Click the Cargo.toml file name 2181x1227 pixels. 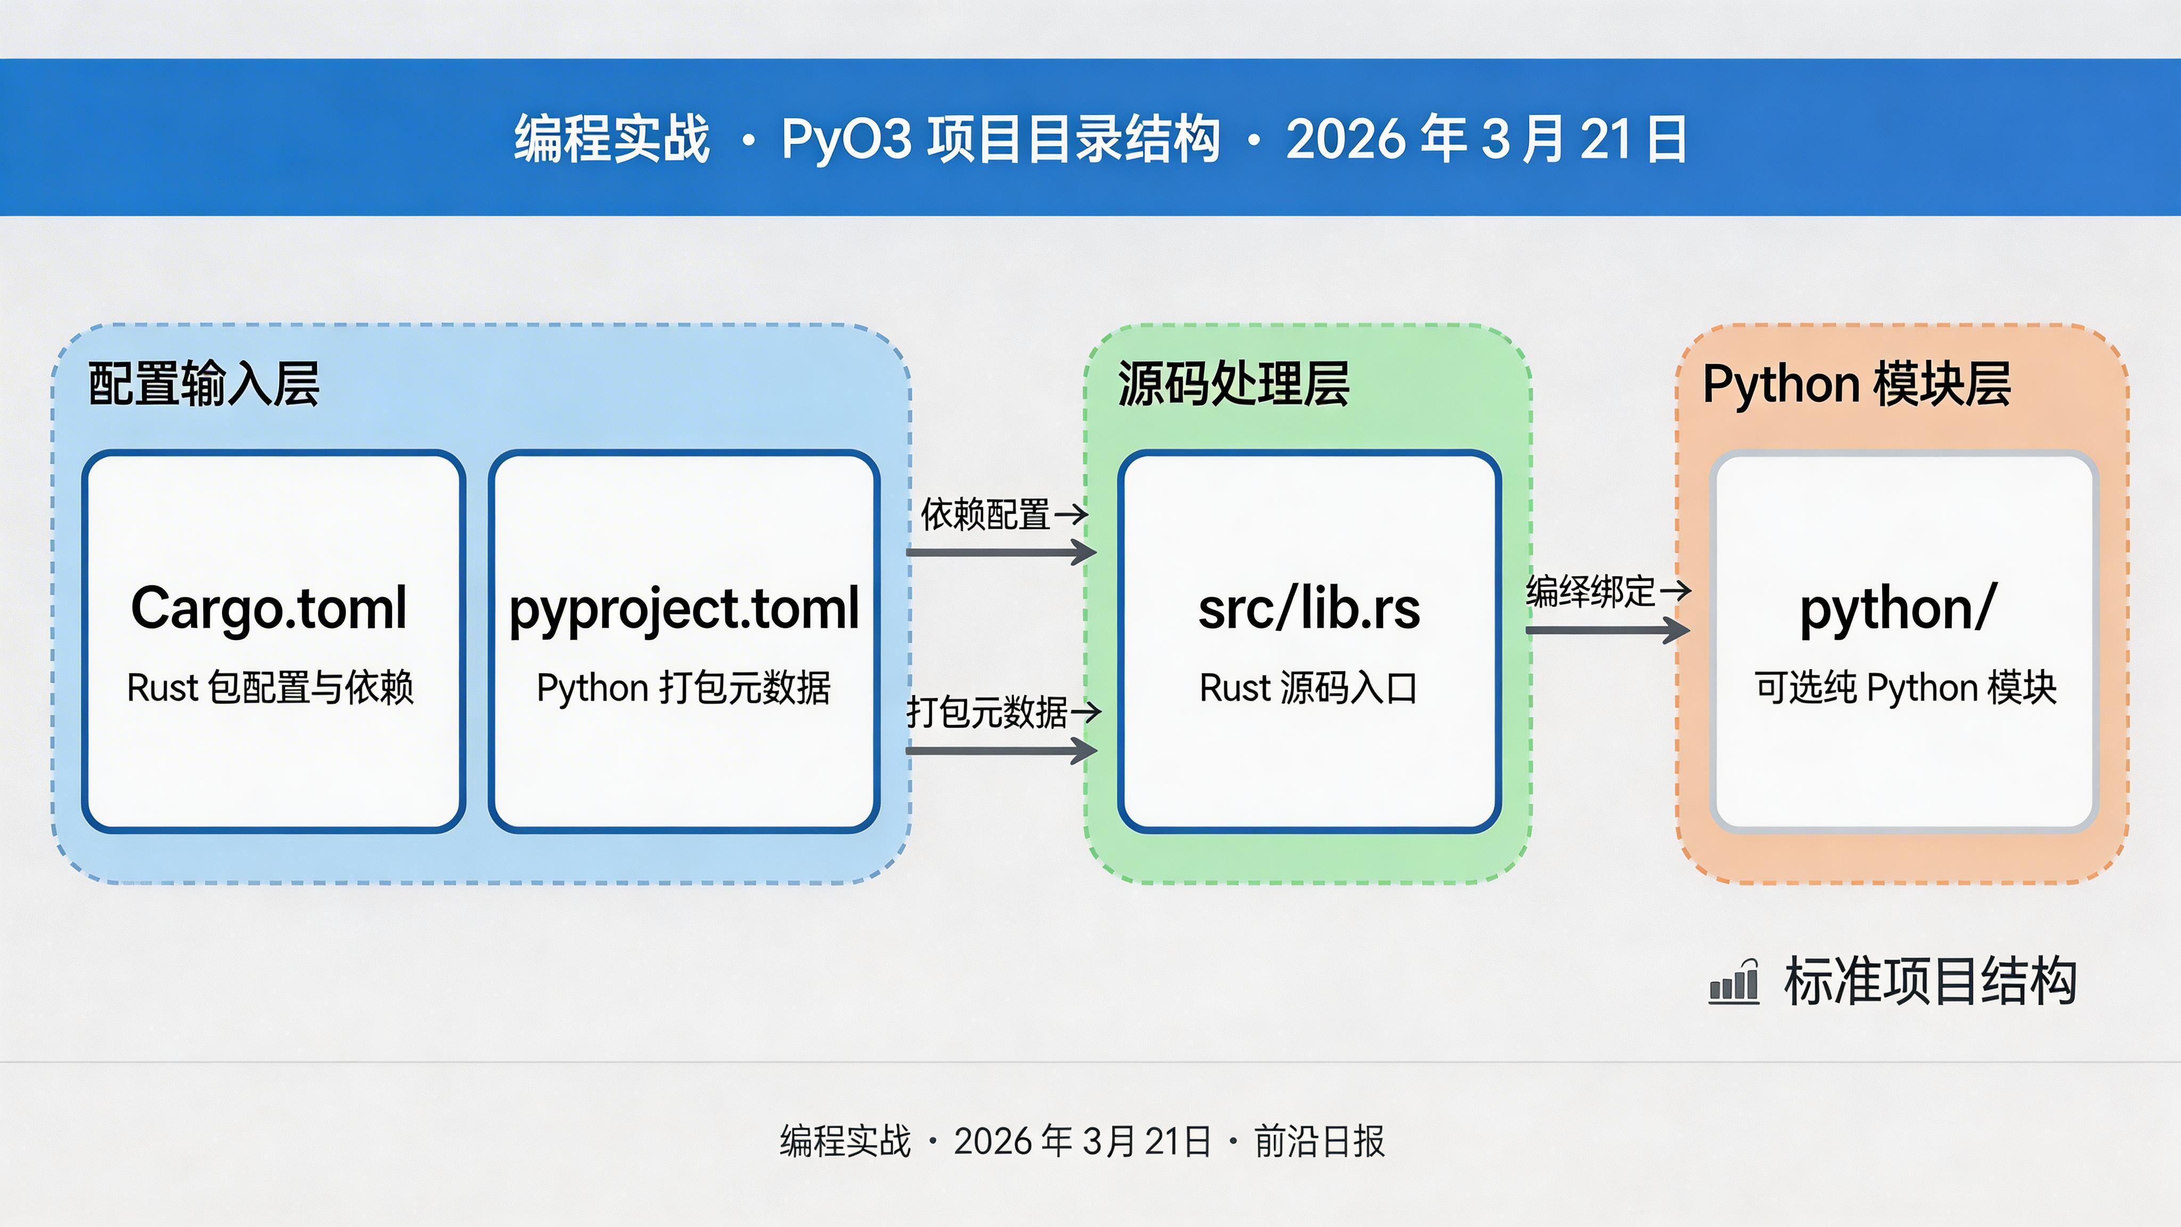(x=269, y=608)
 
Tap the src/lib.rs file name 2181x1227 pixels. (x=1309, y=608)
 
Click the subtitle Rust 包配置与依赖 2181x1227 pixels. (x=270, y=687)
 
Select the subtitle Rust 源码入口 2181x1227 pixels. (x=1308, y=687)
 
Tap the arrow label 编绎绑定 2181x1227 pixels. (x=1590, y=591)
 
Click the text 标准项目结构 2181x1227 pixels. (x=1930, y=981)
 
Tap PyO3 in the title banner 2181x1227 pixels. (x=847, y=138)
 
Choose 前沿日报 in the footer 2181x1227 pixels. (x=1319, y=1141)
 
